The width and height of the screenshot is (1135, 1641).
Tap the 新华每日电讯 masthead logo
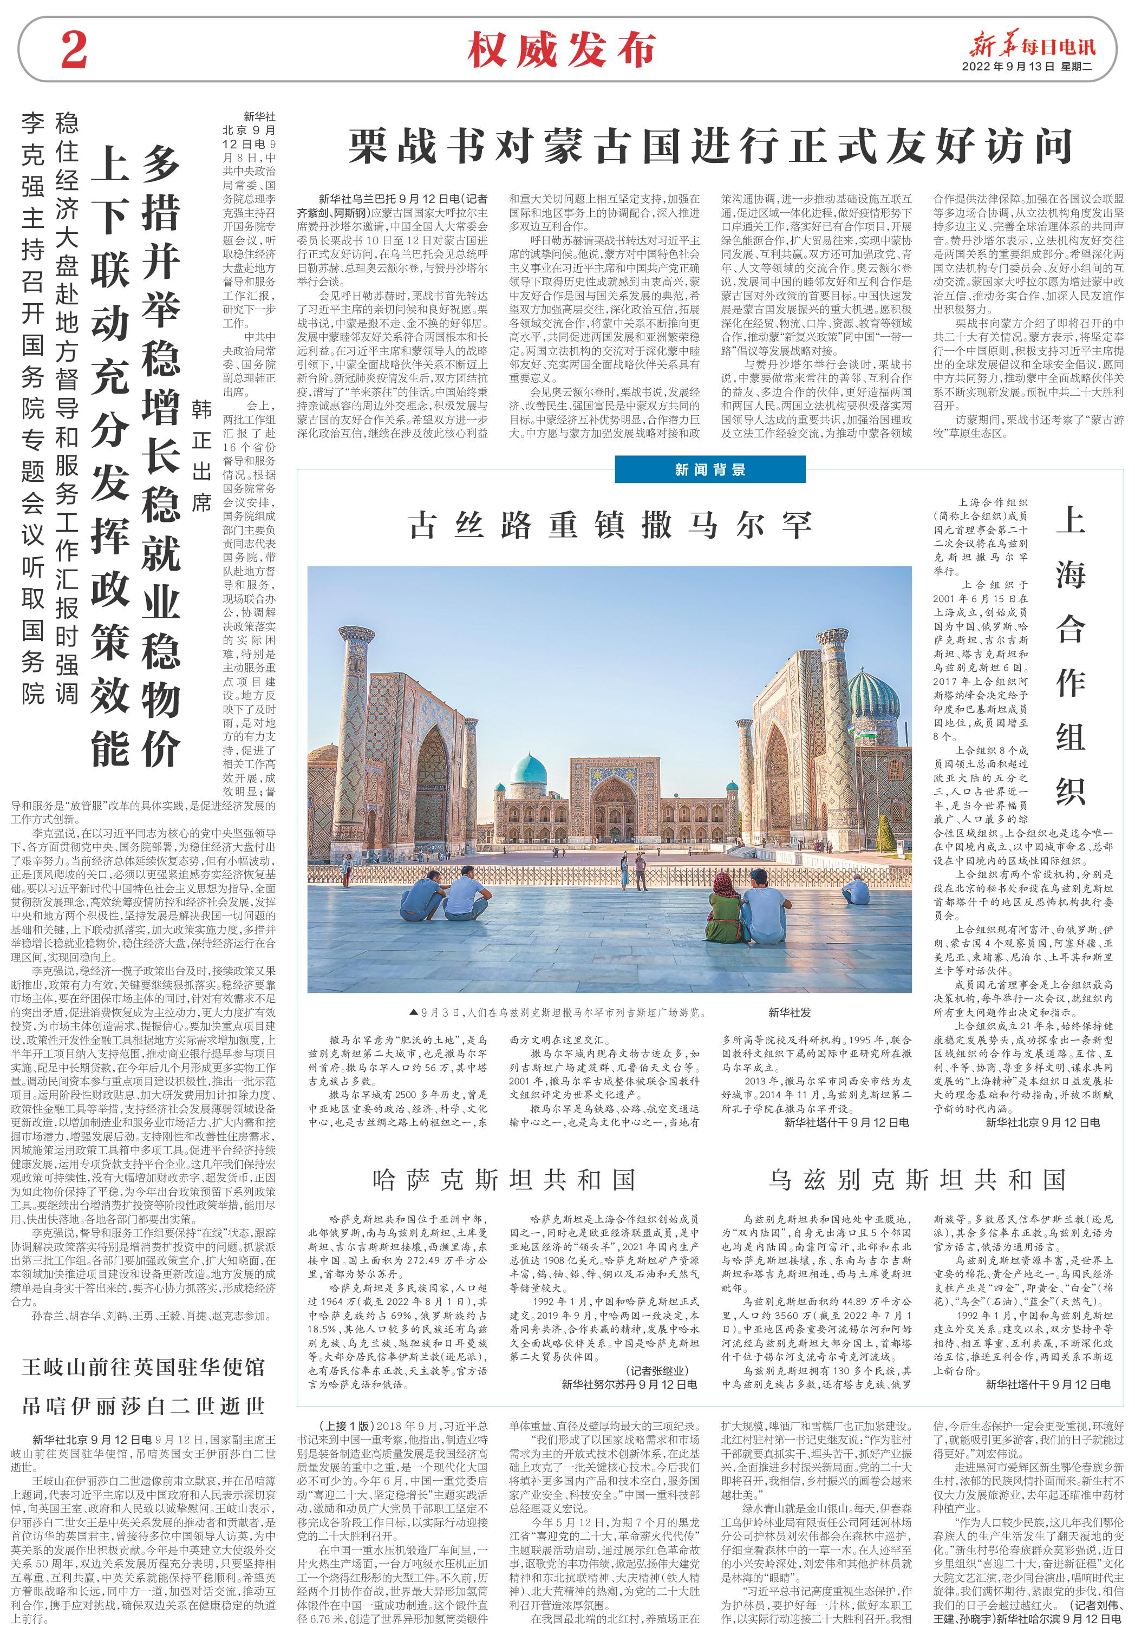1033,46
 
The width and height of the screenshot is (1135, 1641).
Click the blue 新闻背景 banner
710,469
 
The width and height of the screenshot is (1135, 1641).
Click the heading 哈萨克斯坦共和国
504,1180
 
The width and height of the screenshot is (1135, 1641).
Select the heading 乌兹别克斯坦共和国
917,1180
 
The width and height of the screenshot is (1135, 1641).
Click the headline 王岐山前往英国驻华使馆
143,1367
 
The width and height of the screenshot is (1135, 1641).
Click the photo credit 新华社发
790,1012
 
